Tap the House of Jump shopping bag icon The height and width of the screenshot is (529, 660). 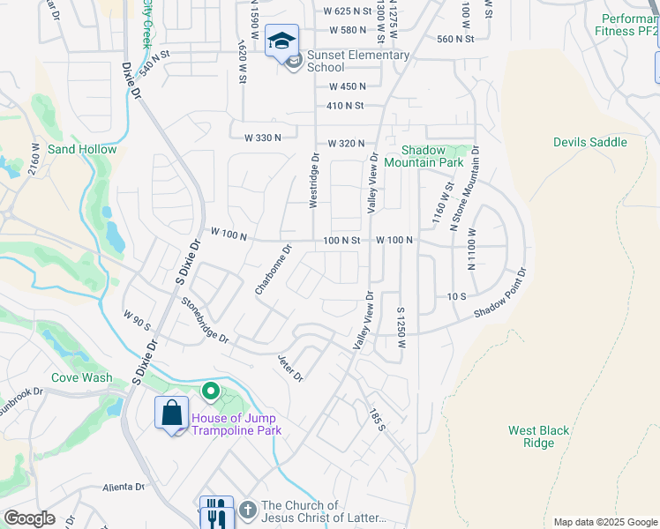pos(171,413)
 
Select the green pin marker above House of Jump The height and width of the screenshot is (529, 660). pos(210,390)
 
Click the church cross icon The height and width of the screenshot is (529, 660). pos(248,510)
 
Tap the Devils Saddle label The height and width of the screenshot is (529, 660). pos(589,142)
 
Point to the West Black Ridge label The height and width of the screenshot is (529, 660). pos(538,436)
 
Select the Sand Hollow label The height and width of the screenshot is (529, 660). pos(82,149)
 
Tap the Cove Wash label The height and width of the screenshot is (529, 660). pos(81,377)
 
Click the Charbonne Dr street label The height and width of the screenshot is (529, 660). pos(273,271)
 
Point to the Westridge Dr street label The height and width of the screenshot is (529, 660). pos(313,180)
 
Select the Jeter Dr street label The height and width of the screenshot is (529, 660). pos(290,368)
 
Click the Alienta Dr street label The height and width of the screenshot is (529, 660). pos(123,487)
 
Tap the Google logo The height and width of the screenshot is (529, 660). pos(29,518)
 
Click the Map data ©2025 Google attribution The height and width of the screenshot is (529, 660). pos(604,522)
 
